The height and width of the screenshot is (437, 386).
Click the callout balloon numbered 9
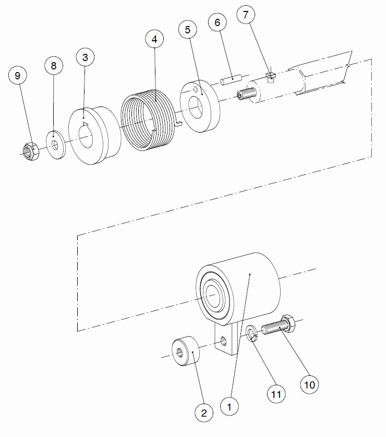point(18,76)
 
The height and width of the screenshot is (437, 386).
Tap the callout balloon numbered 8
point(54,66)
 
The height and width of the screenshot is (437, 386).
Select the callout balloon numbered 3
point(85,57)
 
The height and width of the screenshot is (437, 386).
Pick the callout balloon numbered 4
point(154,39)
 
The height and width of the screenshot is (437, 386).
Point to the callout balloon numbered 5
point(187,30)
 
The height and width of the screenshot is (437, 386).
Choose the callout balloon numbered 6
point(217,22)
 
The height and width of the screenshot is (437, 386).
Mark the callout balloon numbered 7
point(246,15)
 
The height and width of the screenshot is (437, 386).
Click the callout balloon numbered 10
point(309,385)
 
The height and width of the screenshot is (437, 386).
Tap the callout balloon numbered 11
point(276,394)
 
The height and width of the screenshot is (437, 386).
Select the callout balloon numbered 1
point(229,407)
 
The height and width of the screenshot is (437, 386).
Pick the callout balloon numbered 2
point(204,413)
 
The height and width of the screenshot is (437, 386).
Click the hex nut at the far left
point(31,151)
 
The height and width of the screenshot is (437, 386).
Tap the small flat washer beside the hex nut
point(56,145)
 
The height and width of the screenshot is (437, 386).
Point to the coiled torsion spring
point(148,120)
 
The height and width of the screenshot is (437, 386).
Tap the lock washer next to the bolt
point(252,333)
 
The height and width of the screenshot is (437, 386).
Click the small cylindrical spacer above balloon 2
point(186,351)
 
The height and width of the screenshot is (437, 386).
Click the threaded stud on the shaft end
point(246,93)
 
